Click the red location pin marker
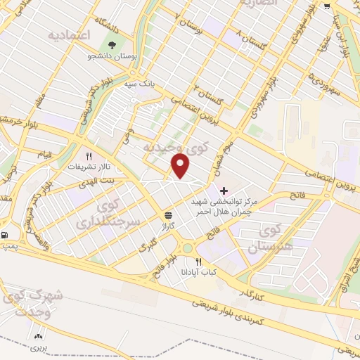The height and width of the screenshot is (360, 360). point(181,166)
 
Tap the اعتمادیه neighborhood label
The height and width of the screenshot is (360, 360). point(71,36)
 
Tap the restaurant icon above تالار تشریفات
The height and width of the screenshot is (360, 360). point(89,157)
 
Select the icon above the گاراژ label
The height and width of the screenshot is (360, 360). point(169,215)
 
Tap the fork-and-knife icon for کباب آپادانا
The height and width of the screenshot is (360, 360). point(199,262)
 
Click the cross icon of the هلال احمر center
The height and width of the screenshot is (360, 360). point(224,191)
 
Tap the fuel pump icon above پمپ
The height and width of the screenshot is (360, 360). point(6,235)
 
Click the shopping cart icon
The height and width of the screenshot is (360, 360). point(328,6)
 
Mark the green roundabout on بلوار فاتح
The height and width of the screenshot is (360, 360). point(188,247)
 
